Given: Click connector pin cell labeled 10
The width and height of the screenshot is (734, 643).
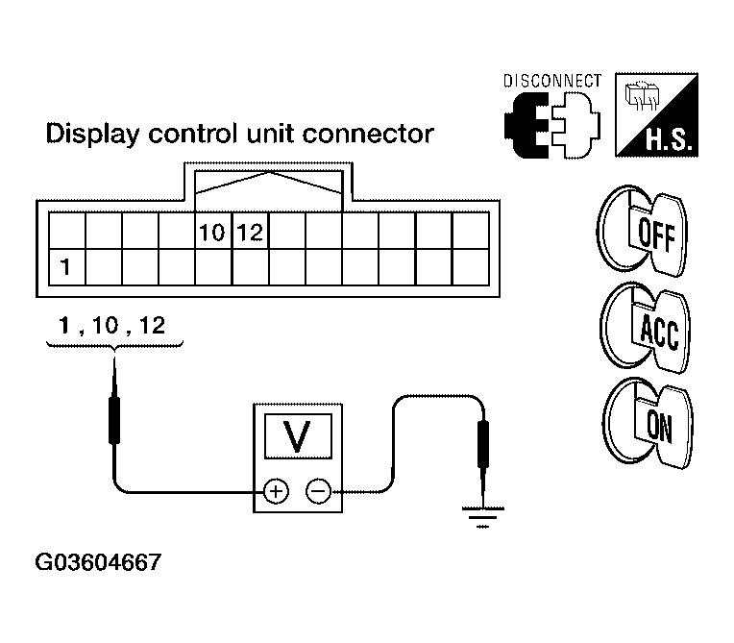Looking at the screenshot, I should (x=212, y=233).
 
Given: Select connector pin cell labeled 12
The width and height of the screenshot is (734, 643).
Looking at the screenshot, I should (x=250, y=233).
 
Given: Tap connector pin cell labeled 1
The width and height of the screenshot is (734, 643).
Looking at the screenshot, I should (x=65, y=265).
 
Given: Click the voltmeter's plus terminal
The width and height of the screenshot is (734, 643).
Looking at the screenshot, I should (x=276, y=493).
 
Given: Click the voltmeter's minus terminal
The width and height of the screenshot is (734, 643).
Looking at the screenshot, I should (x=317, y=493).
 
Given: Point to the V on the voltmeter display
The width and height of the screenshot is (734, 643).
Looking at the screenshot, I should (x=298, y=437).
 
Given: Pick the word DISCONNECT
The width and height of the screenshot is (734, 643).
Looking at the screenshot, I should (x=553, y=81).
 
